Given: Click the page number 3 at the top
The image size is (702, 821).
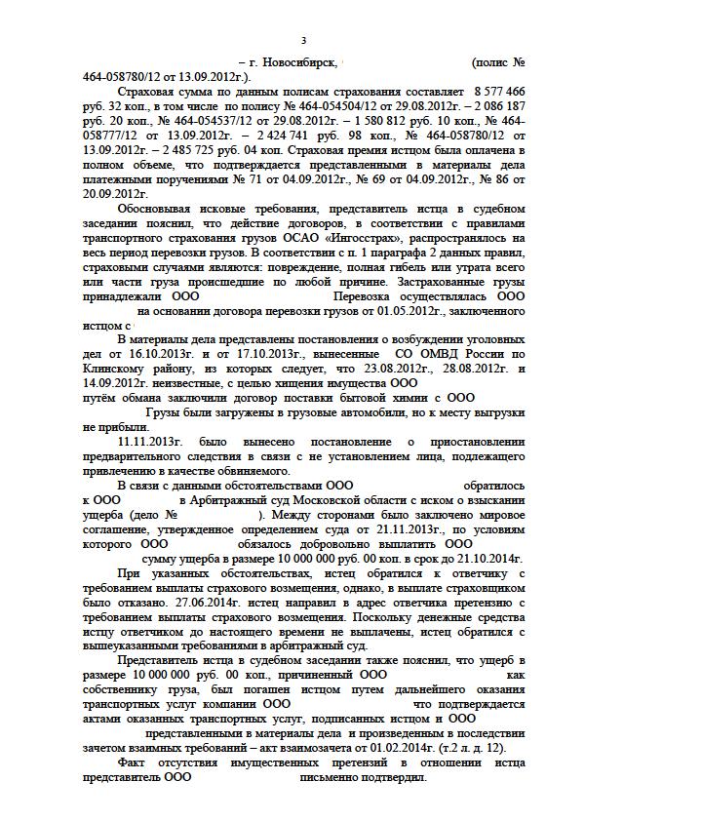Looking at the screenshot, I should coord(303,40).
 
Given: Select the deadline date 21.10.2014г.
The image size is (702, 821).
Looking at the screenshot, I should coord(487,559).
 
